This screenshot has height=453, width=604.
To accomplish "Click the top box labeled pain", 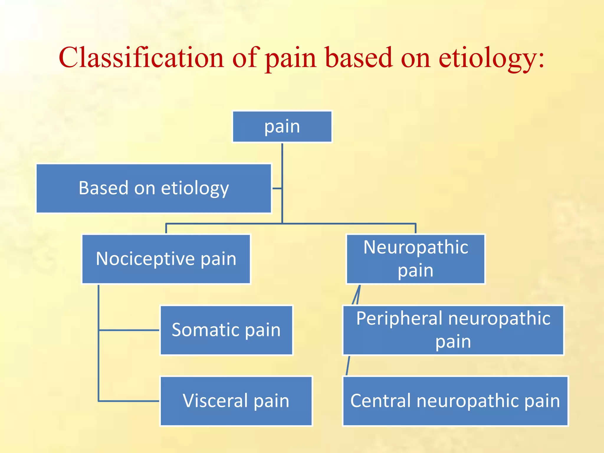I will point(282,127).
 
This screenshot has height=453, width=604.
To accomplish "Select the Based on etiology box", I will point(153,188).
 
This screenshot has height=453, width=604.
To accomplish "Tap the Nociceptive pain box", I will point(166,259).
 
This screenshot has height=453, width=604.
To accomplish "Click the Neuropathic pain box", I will point(416,259).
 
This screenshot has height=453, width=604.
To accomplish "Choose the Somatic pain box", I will point(226,330).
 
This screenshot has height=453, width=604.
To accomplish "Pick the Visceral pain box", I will point(236,401).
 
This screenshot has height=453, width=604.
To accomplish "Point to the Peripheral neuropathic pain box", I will point(453,330).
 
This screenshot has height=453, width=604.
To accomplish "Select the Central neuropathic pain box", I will point(455,401).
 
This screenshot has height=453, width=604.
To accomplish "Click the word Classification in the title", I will point(141,58).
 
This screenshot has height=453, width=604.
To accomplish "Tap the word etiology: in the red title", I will point(491,58).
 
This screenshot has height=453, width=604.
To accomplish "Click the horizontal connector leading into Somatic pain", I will point(129,330).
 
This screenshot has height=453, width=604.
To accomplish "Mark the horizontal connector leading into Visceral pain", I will point(129,401).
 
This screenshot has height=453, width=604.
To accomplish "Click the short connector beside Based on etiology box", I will point(277,188).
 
